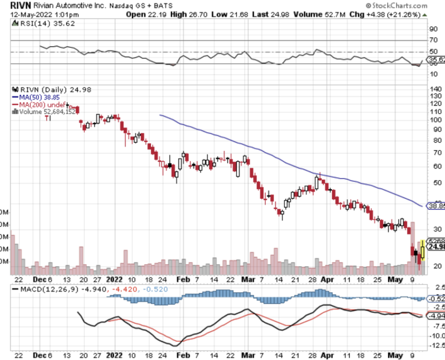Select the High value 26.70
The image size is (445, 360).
pos(193,14)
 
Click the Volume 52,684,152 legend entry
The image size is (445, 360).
pos(47,112)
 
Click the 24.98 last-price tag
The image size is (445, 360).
pos(435,247)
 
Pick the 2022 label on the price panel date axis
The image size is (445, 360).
pos(114,279)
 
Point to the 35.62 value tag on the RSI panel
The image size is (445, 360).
pos(435,60)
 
